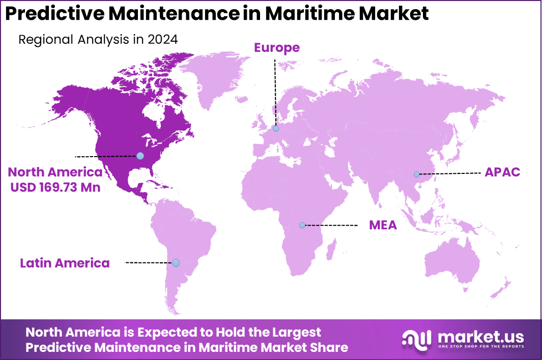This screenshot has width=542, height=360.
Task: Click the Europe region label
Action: click(277, 48)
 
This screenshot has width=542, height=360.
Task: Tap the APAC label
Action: click(502, 172)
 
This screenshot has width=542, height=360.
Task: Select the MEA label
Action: click(383, 225)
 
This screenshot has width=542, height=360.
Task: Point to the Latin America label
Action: click(65, 263)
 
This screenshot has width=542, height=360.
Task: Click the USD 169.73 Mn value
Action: click(54, 188)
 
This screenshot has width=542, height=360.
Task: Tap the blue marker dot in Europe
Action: click(276, 129)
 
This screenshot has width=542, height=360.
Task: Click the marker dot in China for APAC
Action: click(416, 174)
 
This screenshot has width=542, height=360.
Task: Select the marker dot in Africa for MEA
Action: click(302, 225)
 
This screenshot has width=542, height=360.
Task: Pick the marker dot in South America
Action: click(176, 263)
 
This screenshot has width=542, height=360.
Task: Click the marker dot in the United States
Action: click(140, 156)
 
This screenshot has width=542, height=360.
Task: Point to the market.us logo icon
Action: click(417, 339)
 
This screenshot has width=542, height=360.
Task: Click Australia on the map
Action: click(453, 264)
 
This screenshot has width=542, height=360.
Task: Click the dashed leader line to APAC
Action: click(450, 173)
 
